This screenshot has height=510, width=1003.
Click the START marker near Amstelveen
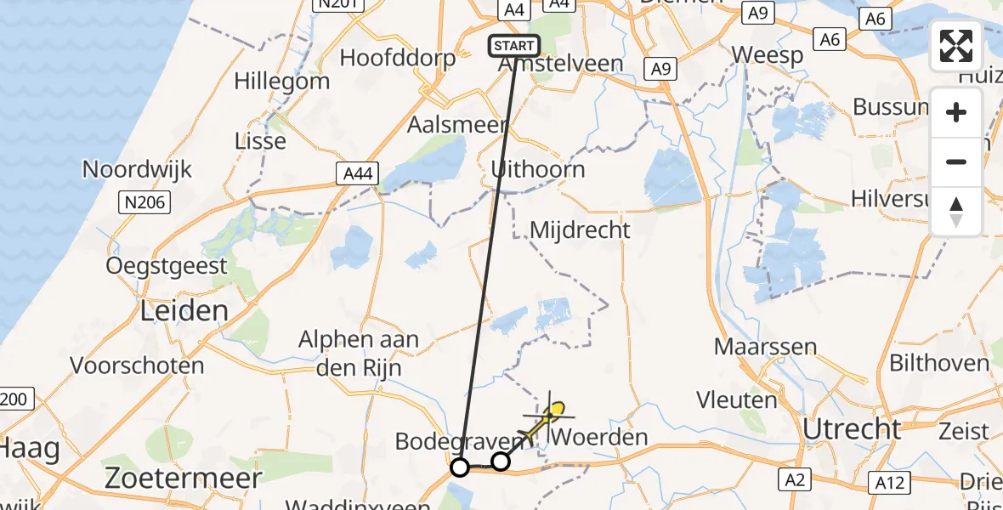coord(513,45)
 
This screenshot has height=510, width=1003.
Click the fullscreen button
coord(956,45)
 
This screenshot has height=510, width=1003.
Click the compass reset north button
coord(956,210)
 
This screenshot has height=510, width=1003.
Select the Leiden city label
coord(185,310)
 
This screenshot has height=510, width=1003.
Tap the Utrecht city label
coord(852,429)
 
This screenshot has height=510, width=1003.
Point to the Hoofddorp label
coord(397,58)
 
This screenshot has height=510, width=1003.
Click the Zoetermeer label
coord(184,478)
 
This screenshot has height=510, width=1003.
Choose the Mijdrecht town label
coord(580,229)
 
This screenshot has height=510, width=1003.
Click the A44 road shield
coord(356,174)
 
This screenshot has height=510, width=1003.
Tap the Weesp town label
coord(768,56)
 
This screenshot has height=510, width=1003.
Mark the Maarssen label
coord(765,347)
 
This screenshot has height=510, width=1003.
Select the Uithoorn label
coord(538,169)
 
